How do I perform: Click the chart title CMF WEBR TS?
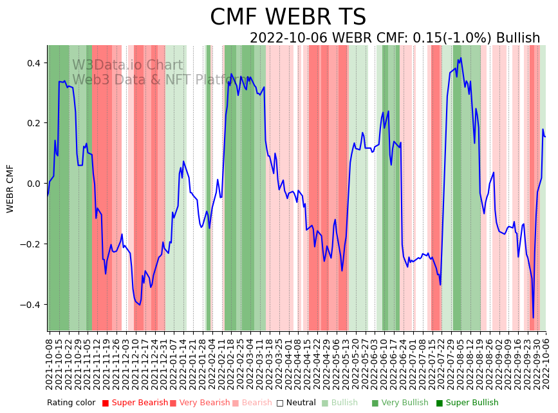[x=288, y=17]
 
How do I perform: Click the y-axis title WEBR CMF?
[x=10, y=188]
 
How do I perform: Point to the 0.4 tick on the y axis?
[x=33, y=63]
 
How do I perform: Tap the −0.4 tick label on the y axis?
[x=30, y=305]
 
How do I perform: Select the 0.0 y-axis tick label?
[x=33, y=184]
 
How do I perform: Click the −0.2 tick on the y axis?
[x=30, y=244]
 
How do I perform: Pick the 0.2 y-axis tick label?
[x=33, y=123]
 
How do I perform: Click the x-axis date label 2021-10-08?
[x=50, y=361]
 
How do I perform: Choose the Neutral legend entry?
[x=296, y=403]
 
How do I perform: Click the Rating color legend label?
[x=71, y=403]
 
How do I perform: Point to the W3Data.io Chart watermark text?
[x=127, y=65]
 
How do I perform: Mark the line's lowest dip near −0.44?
[x=533, y=318]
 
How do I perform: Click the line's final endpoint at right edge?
[x=545, y=136]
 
